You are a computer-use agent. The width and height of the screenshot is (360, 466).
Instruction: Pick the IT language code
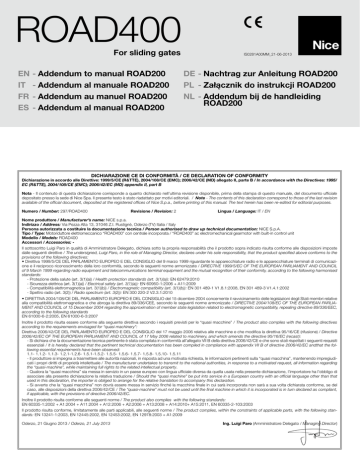[13, 90]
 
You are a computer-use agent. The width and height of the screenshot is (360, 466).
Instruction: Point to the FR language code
[14, 104]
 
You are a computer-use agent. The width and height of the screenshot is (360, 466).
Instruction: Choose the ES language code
[14, 118]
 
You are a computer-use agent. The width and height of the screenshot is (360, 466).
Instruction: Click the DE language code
[191, 76]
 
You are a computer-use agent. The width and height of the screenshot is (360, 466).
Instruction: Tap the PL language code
[191, 90]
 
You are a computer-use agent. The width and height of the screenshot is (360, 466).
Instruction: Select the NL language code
[191, 104]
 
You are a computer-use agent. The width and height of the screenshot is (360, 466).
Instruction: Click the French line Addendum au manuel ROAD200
[96, 104]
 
